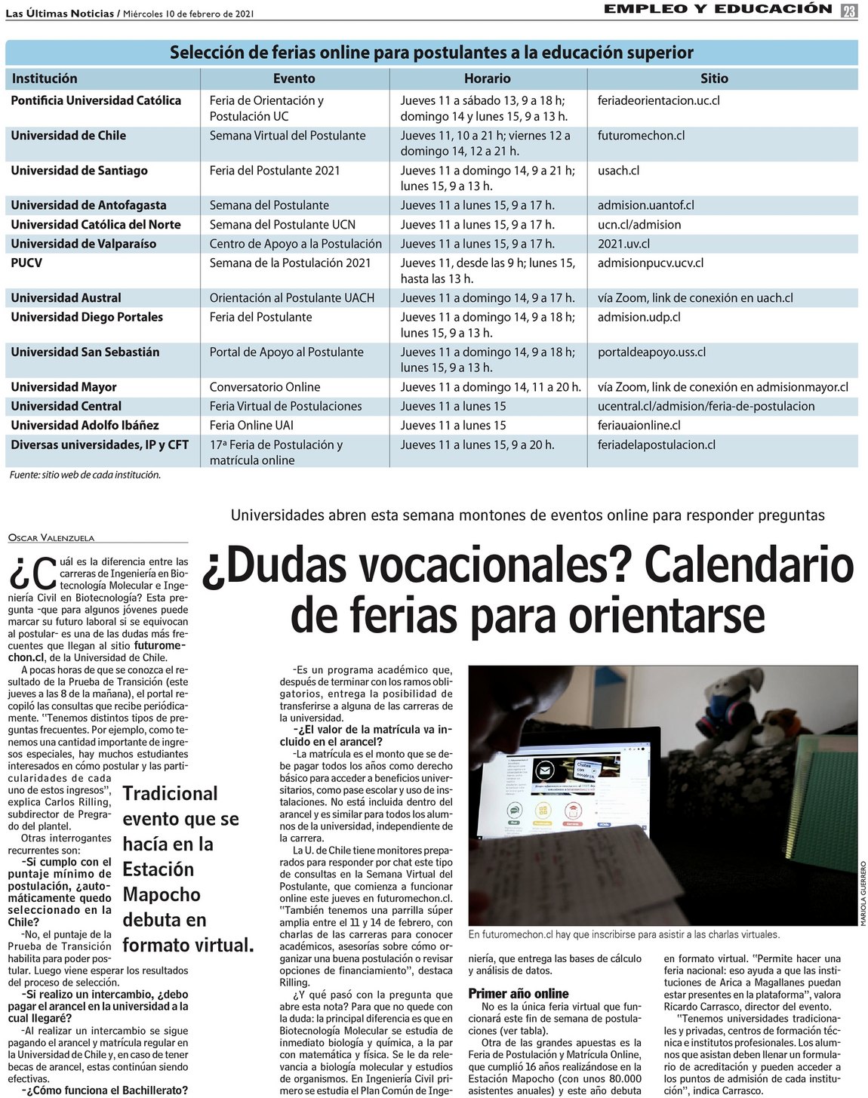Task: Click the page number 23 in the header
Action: coord(849,11)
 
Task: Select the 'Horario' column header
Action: coord(487,78)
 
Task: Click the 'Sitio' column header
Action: coord(714,78)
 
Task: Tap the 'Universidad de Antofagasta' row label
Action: coord(88,205)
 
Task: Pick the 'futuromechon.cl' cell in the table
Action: coord(641,136)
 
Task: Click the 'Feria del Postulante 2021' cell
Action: coord(275,171)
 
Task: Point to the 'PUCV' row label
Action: coord(26,263)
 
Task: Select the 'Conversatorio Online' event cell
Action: coord(265,387)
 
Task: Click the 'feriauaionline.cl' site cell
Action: coord(639,426)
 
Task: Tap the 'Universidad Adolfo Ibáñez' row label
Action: coord(85,426)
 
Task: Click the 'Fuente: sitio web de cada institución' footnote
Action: coord(85,475)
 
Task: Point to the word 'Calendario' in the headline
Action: coord(748,564)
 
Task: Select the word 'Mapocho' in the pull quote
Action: coord(162,895)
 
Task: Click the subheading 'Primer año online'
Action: coord(519,994)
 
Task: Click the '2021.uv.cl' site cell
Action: coord(623,244)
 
